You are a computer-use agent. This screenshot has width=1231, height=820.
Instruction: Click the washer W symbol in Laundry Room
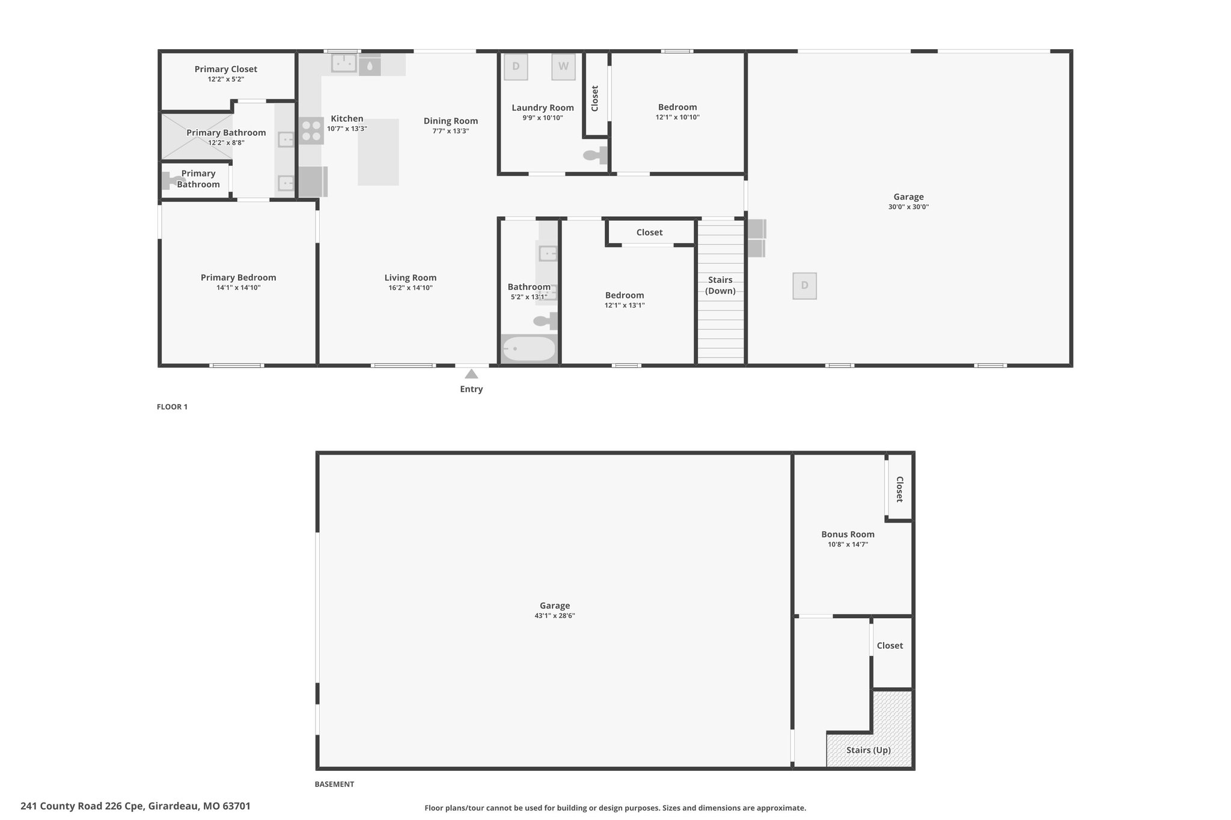563,67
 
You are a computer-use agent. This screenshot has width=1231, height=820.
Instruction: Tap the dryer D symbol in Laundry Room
516,67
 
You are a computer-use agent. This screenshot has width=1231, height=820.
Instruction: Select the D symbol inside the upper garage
805,285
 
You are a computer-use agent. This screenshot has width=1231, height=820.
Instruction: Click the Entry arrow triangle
471,374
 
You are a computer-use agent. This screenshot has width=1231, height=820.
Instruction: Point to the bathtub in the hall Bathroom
529,348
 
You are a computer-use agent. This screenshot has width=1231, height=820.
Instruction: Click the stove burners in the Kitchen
311,131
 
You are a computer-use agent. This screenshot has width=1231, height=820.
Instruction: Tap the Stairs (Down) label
720,285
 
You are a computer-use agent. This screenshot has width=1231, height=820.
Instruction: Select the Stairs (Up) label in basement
869,750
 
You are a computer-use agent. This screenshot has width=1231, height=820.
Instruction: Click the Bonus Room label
848,534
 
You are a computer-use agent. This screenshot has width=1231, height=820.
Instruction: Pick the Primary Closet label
226,69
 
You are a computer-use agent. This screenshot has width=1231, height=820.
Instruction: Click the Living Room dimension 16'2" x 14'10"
411,288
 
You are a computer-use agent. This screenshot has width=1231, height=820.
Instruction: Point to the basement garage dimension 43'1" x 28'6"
555,616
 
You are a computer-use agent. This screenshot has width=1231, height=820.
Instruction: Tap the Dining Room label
451,121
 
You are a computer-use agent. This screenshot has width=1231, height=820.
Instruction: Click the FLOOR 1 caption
172,407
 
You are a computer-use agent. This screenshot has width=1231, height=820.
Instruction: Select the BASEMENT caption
334,784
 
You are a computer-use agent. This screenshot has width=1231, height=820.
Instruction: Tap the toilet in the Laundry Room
596,155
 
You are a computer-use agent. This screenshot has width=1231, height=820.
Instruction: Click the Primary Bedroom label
239,278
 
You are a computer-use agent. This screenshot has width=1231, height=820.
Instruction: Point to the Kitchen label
347,118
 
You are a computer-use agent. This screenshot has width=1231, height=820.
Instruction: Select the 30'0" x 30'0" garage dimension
908,207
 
